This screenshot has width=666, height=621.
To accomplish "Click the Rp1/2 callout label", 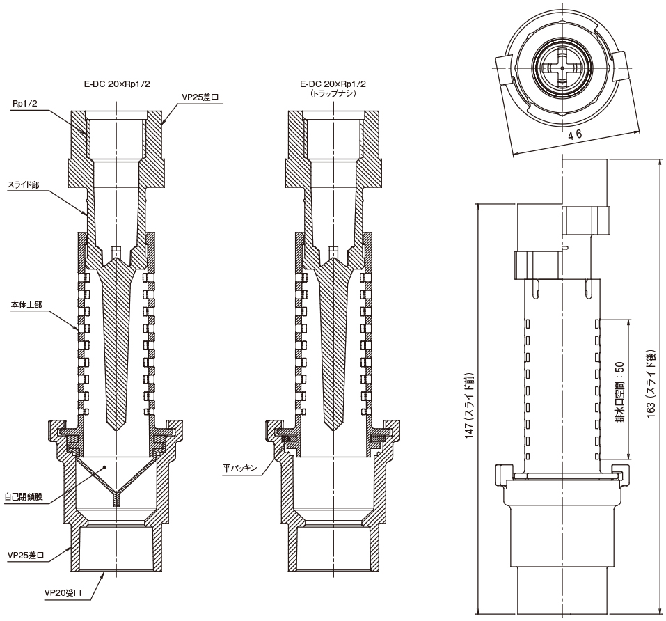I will [25, 103].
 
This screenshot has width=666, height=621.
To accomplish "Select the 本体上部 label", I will [25, 305].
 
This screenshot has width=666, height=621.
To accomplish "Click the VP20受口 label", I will [63, 593].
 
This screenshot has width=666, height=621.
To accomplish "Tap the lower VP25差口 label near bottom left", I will [26, 556].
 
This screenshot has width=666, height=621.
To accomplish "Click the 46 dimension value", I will [575, 135].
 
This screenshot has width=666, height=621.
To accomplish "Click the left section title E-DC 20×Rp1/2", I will [116, 84].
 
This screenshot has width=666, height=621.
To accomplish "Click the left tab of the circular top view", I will [503, 68].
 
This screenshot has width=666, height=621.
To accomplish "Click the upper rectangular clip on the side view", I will [587, 220].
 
